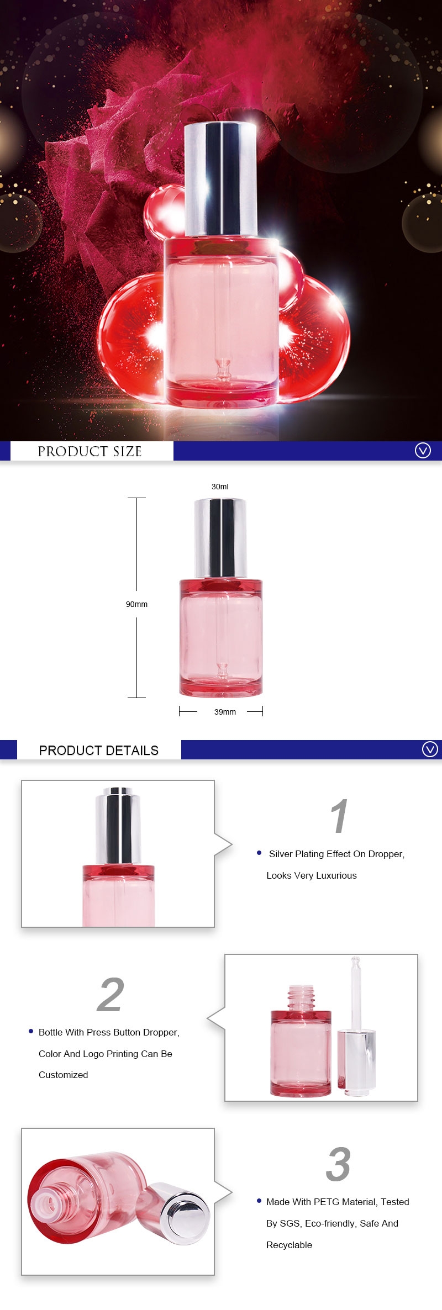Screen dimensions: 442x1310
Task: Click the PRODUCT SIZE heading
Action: pos(90,451)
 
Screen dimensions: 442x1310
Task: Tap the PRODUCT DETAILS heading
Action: pos(99,750)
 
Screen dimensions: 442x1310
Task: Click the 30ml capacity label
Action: pos(220,487)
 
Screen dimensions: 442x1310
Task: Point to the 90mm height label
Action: pos(136,604)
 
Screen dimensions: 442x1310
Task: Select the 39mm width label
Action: pos(225,712)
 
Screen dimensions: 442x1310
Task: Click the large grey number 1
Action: pos(339,816)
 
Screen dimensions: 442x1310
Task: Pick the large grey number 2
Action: pos(110,995)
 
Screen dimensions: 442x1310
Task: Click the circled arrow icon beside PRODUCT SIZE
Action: pos(423,451)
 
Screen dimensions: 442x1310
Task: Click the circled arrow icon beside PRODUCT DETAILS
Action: pos(430,749)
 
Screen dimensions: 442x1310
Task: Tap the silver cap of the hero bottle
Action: pos(220,179)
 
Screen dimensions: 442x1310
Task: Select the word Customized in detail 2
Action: pos(63,1075)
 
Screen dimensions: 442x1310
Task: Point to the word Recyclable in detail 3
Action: pos(289,1245)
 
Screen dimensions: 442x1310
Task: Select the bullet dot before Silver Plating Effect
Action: pos(259,853)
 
